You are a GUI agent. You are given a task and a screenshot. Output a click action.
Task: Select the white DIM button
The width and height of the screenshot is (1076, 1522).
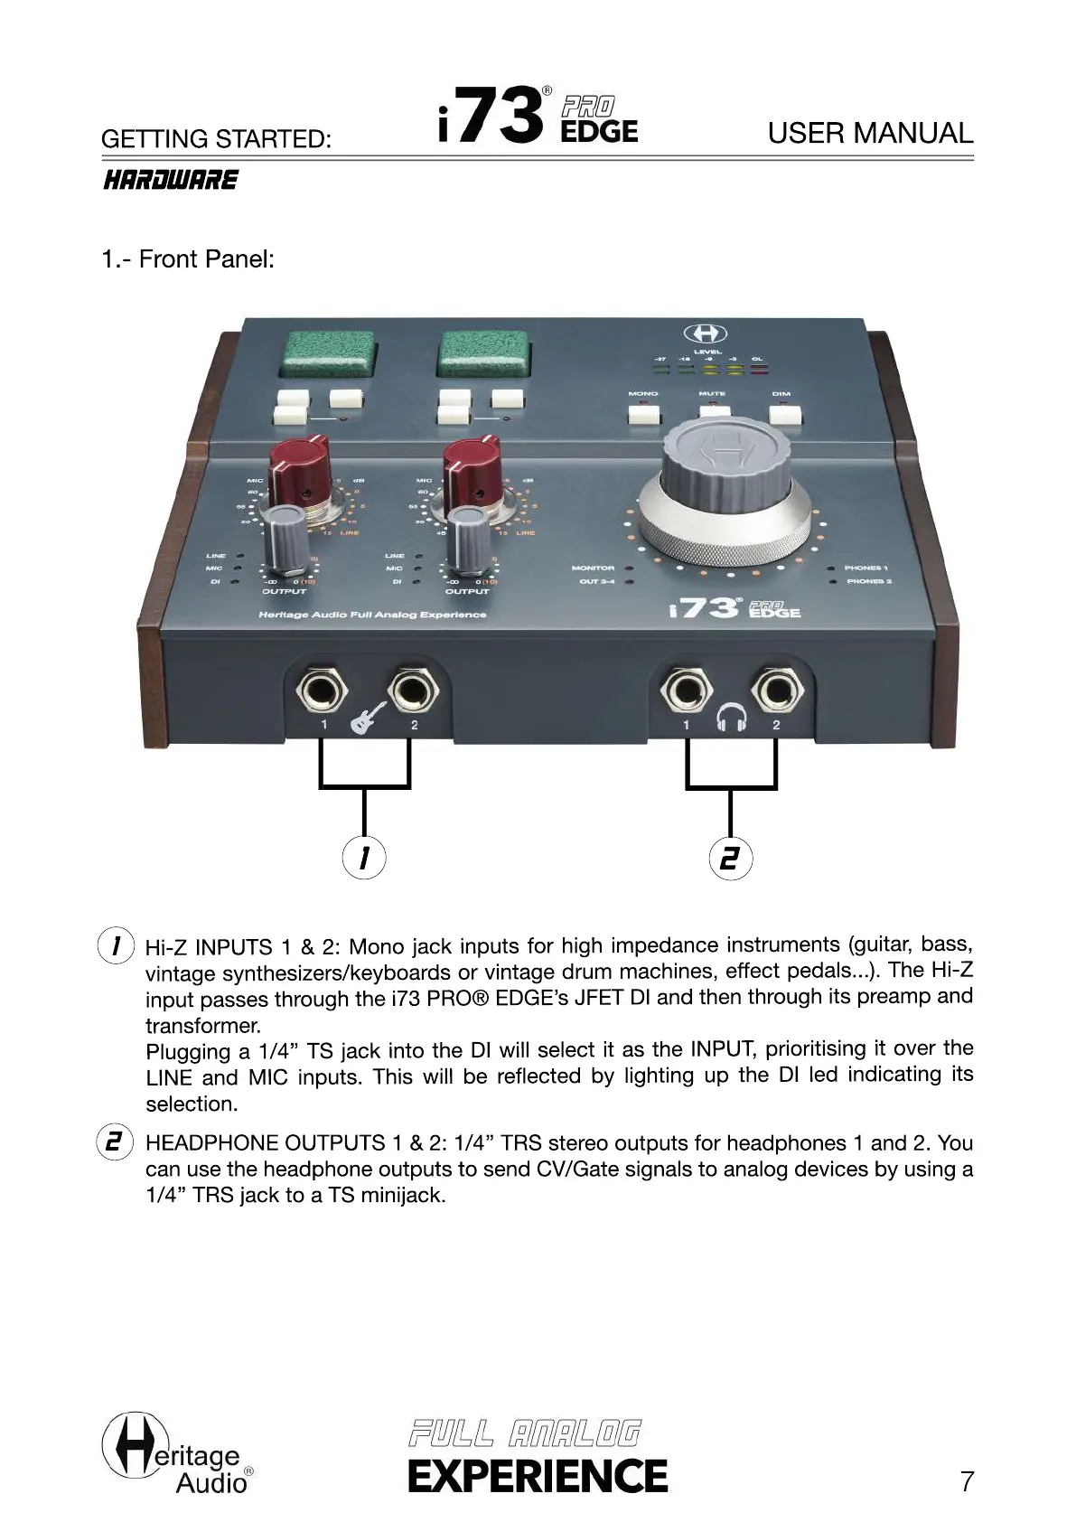coord(784,414)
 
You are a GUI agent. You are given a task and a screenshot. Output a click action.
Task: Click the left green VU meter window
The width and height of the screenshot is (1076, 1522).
coord(329,354)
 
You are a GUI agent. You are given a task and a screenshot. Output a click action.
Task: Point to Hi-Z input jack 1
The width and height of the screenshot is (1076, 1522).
coord(321,692)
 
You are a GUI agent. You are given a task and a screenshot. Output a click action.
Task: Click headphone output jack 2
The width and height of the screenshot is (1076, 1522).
coord(777,691)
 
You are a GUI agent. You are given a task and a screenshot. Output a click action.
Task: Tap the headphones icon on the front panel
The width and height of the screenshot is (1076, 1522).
coord(731,719)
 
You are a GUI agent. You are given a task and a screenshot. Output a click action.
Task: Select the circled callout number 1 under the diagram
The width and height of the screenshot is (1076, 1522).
coord(364,858)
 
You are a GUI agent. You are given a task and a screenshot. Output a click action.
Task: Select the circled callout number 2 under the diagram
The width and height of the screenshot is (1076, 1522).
coord(730,858)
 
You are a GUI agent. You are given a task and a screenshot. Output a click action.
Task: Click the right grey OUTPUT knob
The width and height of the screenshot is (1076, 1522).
coord(468,539)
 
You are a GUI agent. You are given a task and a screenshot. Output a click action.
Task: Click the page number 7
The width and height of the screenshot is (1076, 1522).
coord(967,1481)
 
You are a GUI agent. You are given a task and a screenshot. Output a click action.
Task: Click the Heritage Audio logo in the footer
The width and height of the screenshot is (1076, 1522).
coord(177,1455)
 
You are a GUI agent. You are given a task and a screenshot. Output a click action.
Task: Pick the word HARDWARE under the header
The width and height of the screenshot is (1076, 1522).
coord(170,180)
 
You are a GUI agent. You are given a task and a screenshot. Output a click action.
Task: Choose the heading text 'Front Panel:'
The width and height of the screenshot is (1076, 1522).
coord(206,259)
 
